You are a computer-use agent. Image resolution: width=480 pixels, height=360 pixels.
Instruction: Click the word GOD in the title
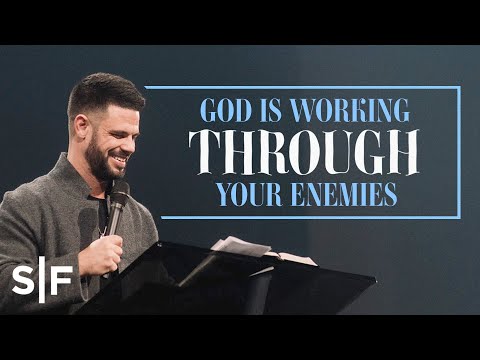coord(221,110)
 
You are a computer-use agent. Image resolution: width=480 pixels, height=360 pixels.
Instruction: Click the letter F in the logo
coord(62,279)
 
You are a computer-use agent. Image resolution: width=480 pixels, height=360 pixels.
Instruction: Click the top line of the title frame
coord(300,87)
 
